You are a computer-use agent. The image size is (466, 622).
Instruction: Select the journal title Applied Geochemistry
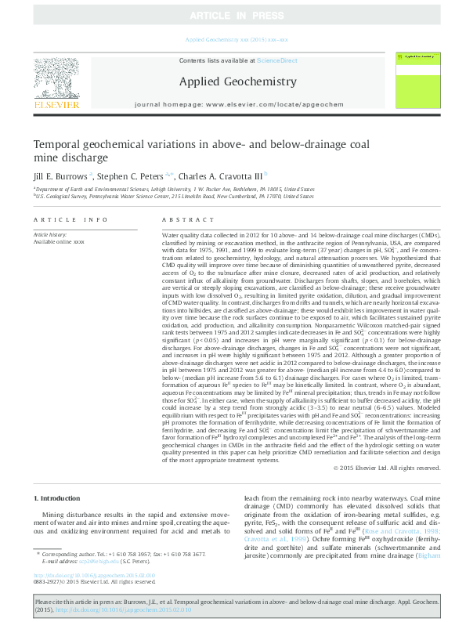click(237, 81)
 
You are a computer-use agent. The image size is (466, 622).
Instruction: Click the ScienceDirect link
click(276, 60)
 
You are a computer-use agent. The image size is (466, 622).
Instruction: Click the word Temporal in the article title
click(59, 144)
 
